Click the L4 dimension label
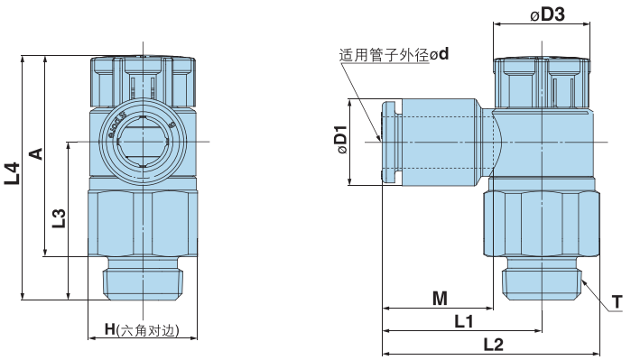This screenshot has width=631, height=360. point(12,173)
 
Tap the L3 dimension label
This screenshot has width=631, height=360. point(58,218)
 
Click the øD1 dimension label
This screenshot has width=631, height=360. point(341,140)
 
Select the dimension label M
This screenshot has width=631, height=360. point(440,298)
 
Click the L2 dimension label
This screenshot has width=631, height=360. point(494,343)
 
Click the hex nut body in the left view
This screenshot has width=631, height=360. point(144,221)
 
